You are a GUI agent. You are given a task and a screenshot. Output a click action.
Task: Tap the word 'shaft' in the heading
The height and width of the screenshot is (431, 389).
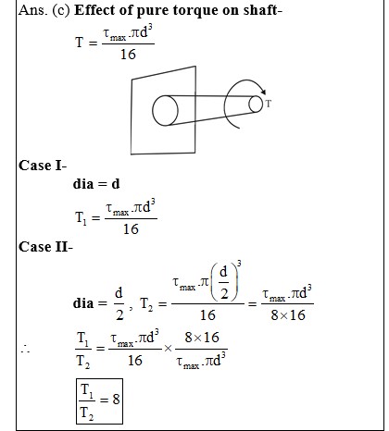tap(260, 10)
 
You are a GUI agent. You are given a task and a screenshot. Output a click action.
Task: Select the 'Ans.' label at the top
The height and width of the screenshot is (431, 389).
tap(32, 10)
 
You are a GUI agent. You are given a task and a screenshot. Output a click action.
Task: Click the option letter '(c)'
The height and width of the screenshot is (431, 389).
tap(61, 10)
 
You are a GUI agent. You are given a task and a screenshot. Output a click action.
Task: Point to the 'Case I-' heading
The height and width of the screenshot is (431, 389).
tap(43, 166)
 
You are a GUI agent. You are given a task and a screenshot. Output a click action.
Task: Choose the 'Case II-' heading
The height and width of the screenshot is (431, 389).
tap(45, 247)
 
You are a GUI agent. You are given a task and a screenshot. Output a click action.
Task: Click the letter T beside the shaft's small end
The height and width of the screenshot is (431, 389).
tap(269, 104)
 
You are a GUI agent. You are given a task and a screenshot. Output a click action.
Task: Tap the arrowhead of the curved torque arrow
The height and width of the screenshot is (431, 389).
tap(263, 92)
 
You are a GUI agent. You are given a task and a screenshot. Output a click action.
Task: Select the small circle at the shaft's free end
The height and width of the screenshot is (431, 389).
tap(256, 104)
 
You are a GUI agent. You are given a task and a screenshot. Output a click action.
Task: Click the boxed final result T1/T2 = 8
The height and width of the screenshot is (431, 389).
tap(99, 401)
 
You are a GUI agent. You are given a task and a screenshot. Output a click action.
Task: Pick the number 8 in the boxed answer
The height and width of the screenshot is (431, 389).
tap(116, 400)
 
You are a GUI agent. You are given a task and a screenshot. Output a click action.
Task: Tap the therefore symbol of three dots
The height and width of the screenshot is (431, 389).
tap(25, 349)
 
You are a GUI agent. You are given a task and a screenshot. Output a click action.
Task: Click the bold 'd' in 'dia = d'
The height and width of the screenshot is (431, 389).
tap(116, 184)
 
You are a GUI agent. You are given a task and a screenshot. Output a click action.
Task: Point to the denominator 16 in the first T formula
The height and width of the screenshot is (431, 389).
tap(128, 55)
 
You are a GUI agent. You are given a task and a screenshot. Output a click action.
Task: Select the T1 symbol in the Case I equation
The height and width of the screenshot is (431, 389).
tap(81, 218)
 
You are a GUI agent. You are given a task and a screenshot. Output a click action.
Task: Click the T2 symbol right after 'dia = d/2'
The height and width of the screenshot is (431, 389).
tap(146, 304)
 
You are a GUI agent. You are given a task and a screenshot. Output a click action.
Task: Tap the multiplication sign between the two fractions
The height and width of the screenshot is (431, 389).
tap(169, 349)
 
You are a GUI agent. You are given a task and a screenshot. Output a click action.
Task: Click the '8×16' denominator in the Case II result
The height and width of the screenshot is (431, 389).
tap(288, 315)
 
